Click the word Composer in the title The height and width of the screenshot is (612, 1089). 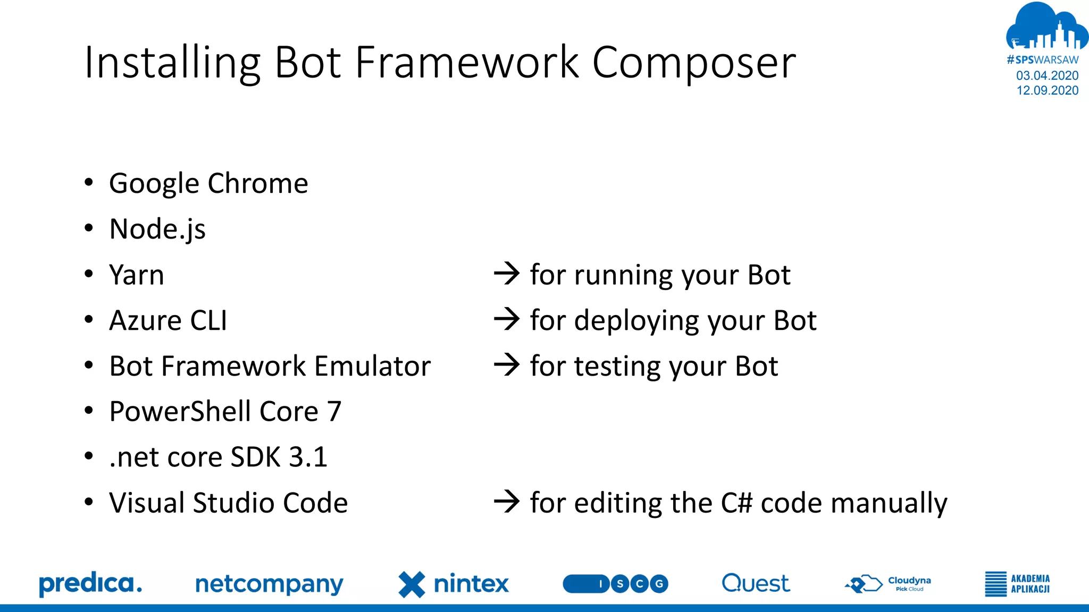[693, 63]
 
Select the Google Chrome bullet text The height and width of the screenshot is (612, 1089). [208, 184]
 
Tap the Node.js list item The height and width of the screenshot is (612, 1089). [157, 229]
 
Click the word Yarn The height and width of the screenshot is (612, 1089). [137, 275]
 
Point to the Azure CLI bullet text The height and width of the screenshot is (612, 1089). [168, 321]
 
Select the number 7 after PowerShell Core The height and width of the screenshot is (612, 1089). [334, 412]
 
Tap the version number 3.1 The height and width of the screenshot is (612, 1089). [308, 457]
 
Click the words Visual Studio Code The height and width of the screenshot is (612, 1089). [228, 503]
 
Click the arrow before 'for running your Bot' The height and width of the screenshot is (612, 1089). [507, 274]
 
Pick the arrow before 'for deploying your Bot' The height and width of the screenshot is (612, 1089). [507, 320]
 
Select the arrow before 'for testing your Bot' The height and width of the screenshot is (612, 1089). [507, 365]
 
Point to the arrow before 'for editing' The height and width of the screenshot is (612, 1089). [507, 502]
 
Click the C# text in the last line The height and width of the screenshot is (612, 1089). [736, 503]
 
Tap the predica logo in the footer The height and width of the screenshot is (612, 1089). [90, 584]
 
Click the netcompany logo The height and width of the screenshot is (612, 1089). [269, 584]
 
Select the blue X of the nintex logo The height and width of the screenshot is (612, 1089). [412, 584]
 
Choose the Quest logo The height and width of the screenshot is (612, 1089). [756, 583]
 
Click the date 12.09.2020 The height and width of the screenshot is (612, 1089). [1047, 90]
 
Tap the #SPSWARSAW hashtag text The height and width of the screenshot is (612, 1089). [1042, 60]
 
